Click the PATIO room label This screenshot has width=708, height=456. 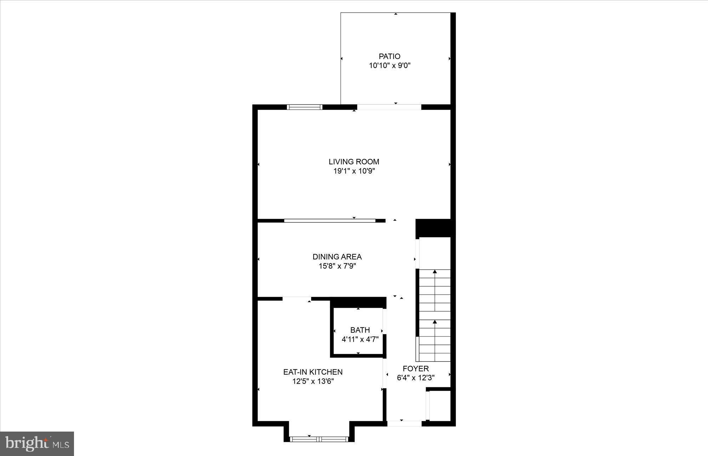pyautogui.click(x=389, y=56)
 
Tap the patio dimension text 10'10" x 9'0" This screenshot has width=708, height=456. pyautogui.click(x=389, y=65)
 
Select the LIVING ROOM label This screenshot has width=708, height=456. pyautogui.click(x=354, y=162)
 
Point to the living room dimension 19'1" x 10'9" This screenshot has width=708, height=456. pyautogui.click(x=354, y=171)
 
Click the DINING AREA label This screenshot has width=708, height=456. pyautogui.click(x=337, y=257)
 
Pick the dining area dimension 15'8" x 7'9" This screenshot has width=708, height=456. pyautogui.click(x=337, y=266)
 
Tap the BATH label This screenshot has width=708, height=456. pyautogui.click(x=360, y=330)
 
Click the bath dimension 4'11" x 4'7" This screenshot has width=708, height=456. pyautogui.click(x=360, y=340)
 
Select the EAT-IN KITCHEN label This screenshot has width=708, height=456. pyautogui.click(x=313, y=372)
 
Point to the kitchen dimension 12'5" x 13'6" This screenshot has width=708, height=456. pyautogui.click(x=313, y=382)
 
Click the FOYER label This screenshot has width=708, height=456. pyautogui.click(x=416, y=369)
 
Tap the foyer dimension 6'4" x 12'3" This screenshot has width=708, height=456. pyautogui.click(x=416, y=378)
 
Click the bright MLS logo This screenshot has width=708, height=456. pyautogui.click(x=37, y=443)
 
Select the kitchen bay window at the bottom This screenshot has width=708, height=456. pyautogui.click(x=319, y=439)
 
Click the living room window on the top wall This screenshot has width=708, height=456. pyautogui.click(x=304, y=107)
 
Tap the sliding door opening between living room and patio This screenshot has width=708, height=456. pyautogui.click(x=389, y=107)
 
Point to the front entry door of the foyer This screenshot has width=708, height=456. pyautogui.click(x=404, y=423)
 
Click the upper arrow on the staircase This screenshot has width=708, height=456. pyautogui.click(x=435, y=272)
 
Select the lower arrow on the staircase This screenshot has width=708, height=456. pyautogui.click(x=435, y=322)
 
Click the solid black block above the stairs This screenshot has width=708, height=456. pyautogui.click(x=433, y=228)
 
